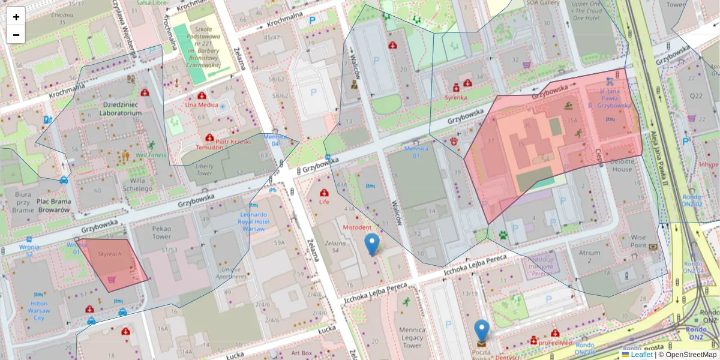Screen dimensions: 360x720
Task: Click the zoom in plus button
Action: (16, 17)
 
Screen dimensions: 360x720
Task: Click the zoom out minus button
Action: (16, 35)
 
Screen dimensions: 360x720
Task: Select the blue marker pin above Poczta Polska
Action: (481, 331)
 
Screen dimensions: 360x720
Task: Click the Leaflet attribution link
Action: (641, 355)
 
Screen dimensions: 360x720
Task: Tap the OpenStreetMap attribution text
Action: (689, 355)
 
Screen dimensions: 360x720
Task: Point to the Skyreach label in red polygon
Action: (110, 254)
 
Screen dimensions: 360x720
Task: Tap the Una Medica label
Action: (202, 105)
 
